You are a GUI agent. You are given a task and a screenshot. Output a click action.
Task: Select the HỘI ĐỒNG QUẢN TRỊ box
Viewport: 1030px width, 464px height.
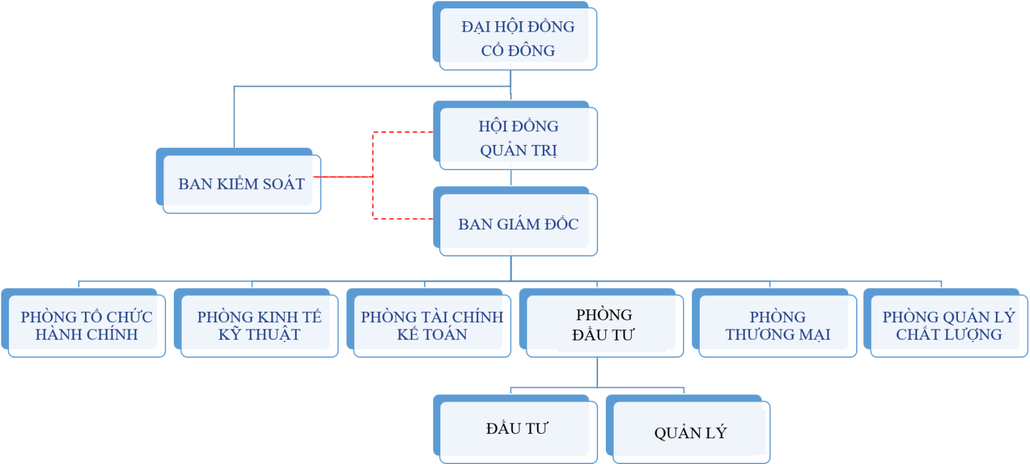click(516, 137)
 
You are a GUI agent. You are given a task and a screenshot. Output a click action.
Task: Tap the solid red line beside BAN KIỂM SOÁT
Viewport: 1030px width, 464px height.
click(344, 177)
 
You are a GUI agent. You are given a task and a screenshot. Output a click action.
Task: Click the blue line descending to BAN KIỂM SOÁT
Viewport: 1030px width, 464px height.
click(234, 116)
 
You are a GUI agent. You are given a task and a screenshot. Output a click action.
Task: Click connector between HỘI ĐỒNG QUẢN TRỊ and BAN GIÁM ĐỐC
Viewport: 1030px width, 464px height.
click(511, 179)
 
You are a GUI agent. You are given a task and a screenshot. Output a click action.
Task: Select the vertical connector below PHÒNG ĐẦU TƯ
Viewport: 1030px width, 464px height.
click(597, 372)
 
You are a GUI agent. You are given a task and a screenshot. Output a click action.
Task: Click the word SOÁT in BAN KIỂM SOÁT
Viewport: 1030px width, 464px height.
click(284, 184)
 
